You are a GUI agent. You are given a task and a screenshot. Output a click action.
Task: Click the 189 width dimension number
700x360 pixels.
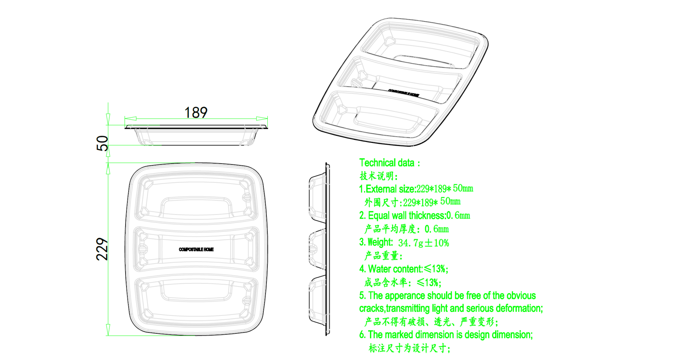point(196,112)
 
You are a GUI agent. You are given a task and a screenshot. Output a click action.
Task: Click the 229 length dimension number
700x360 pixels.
point(102,249)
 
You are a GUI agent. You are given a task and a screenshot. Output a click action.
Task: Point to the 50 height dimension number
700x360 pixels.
point(102,143)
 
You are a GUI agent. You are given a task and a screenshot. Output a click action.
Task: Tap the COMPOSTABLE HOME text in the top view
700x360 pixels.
point(196,249)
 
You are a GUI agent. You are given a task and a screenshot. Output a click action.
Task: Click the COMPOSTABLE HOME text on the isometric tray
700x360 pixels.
point(404,93)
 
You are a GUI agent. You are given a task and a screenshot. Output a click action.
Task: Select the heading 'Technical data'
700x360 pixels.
point(387,163)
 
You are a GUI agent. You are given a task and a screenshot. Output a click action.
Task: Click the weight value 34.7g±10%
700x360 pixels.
point(423,243)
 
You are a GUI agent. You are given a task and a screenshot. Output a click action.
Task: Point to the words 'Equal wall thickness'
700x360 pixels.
point(406,215)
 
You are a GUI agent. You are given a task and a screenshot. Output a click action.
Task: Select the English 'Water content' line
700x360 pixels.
point(404,269)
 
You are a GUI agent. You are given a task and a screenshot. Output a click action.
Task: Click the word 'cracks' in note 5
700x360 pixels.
point(372,309)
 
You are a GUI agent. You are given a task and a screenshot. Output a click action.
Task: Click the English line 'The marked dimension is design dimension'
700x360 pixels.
point(446,335)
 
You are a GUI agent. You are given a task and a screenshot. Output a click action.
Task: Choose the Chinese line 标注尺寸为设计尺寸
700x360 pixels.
point(409,348)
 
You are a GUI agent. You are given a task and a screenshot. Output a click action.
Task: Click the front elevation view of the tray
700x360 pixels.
point(196,135)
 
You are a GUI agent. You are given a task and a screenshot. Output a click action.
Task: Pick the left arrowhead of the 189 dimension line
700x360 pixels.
point(131,119)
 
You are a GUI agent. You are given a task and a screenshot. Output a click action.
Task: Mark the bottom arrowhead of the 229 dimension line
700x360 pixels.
point(108,330)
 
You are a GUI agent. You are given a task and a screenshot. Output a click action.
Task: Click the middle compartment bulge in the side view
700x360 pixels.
point(317,249)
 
